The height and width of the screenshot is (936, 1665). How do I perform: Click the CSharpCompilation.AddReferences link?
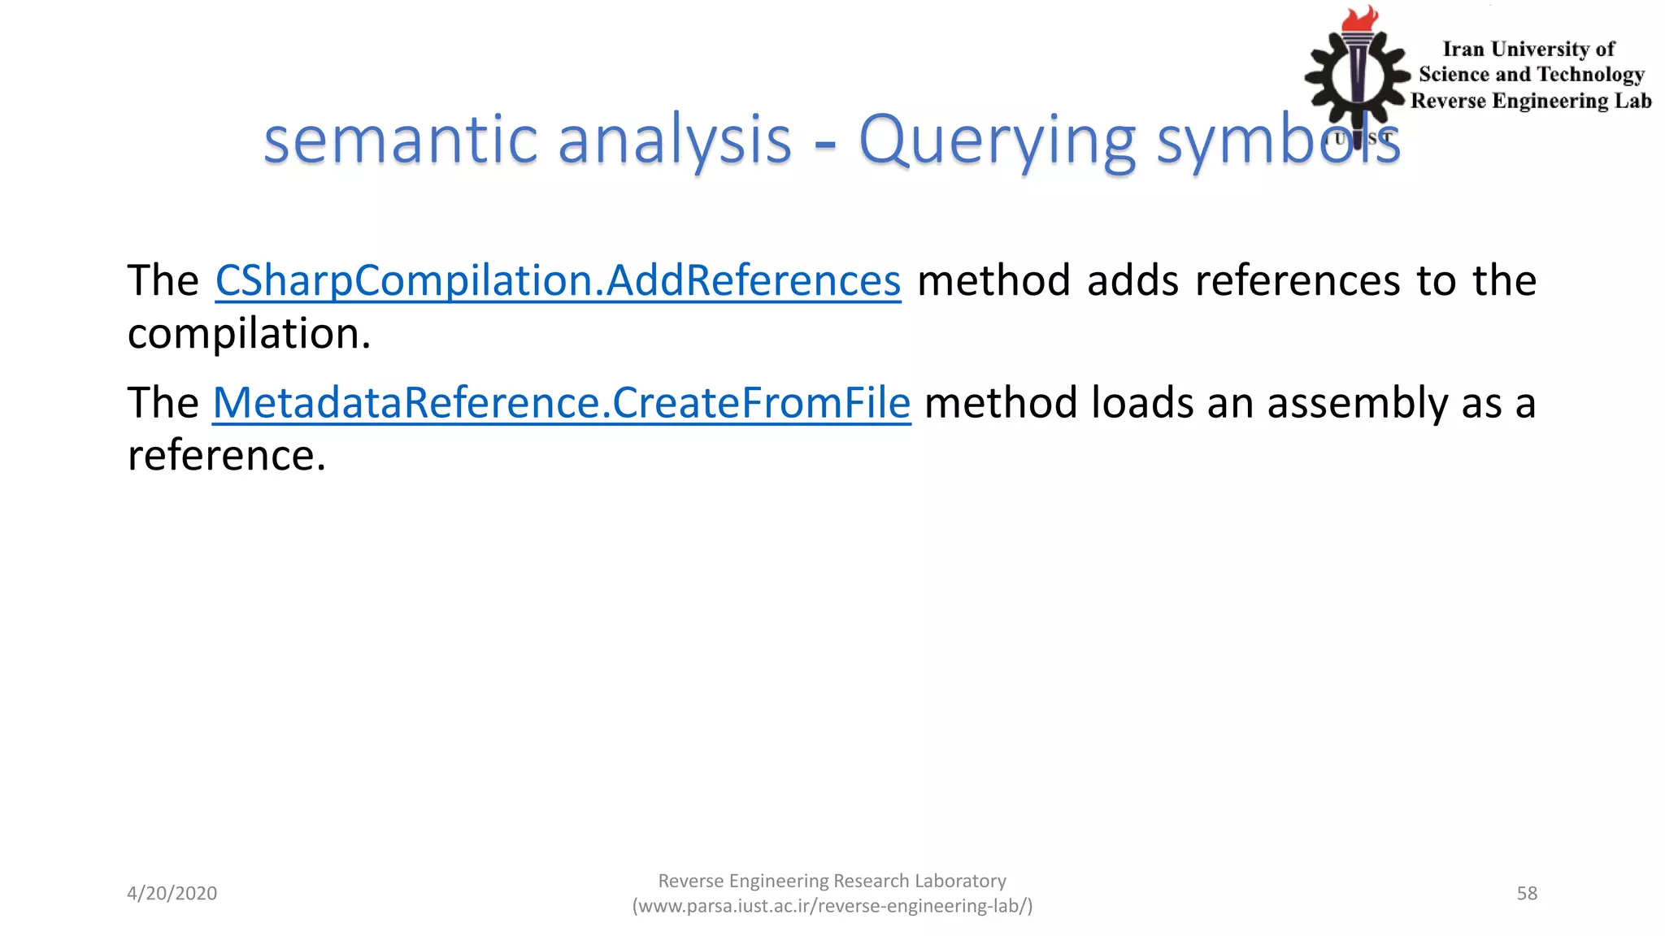tap(558, 281)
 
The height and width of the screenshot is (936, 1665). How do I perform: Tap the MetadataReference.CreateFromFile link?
tap(561, 403)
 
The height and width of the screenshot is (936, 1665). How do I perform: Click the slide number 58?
tap(1527, 893)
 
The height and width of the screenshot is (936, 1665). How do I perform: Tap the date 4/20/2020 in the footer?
tap(172, 893)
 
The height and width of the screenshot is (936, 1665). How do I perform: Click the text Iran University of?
tap(1528, 50)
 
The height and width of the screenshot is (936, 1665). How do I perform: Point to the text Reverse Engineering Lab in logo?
tap(1531, 101)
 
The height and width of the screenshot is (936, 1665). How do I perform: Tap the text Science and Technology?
tap(1531, 75)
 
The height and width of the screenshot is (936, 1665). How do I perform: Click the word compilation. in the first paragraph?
tap(249, 334)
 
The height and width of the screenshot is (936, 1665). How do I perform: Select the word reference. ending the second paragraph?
tap(226, 455)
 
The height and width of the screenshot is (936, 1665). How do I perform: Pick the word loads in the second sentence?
tap(1141, 403)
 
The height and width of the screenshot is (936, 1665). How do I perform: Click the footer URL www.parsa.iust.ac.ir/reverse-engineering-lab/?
tap(832, 906)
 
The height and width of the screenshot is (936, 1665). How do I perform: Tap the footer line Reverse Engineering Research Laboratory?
tap(832, 881)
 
